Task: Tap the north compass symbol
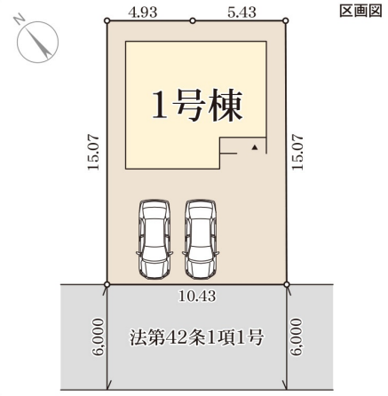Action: [x=36, y=43]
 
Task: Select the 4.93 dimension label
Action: [x=144, y=10]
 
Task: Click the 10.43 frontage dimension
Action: [x=197, y=295]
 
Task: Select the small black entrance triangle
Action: [x=255, y=145]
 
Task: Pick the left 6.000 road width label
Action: [x=95, y=338]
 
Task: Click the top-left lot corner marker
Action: [x=107, y=20]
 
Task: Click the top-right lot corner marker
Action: [x=287, y=20]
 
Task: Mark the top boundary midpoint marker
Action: [x=193, y=20]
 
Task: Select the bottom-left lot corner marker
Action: [x=107, y=284]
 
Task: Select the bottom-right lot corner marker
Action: [x=287, y=284]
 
